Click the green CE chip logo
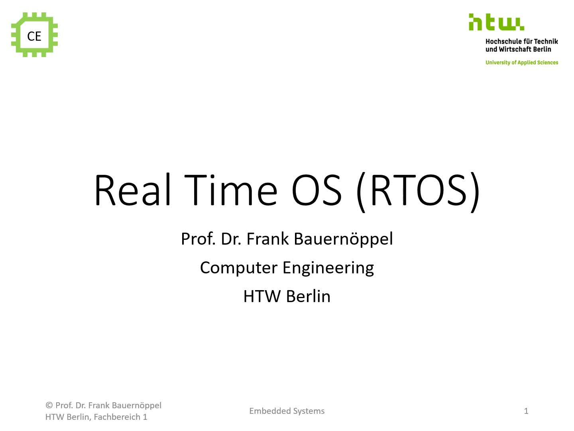pyautogui.click(x=34, y=35)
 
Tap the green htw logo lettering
pyautogui.click(x=496, y=22)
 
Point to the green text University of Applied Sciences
pyautogui.click(x=522, y=63)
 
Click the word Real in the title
pyautogui.click(x=133, y=190)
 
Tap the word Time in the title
pyautogui.click(x=231, y=190)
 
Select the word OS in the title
pyautogui.click(x=316, y=190)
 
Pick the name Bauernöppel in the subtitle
pyautogui.click(x=343, y=239)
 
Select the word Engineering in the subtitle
pyautogui.click(x=328, y=268)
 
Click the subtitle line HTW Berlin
pyautogui.click(x=287, y=296)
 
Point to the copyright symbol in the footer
pyautogui.click(x=49, y=405)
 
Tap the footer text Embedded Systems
pyautogui.click(x=287, y=411)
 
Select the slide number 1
pyautogui.click(x=526, y=411)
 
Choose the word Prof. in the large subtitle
pyautogui.click(x=198, y=239)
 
